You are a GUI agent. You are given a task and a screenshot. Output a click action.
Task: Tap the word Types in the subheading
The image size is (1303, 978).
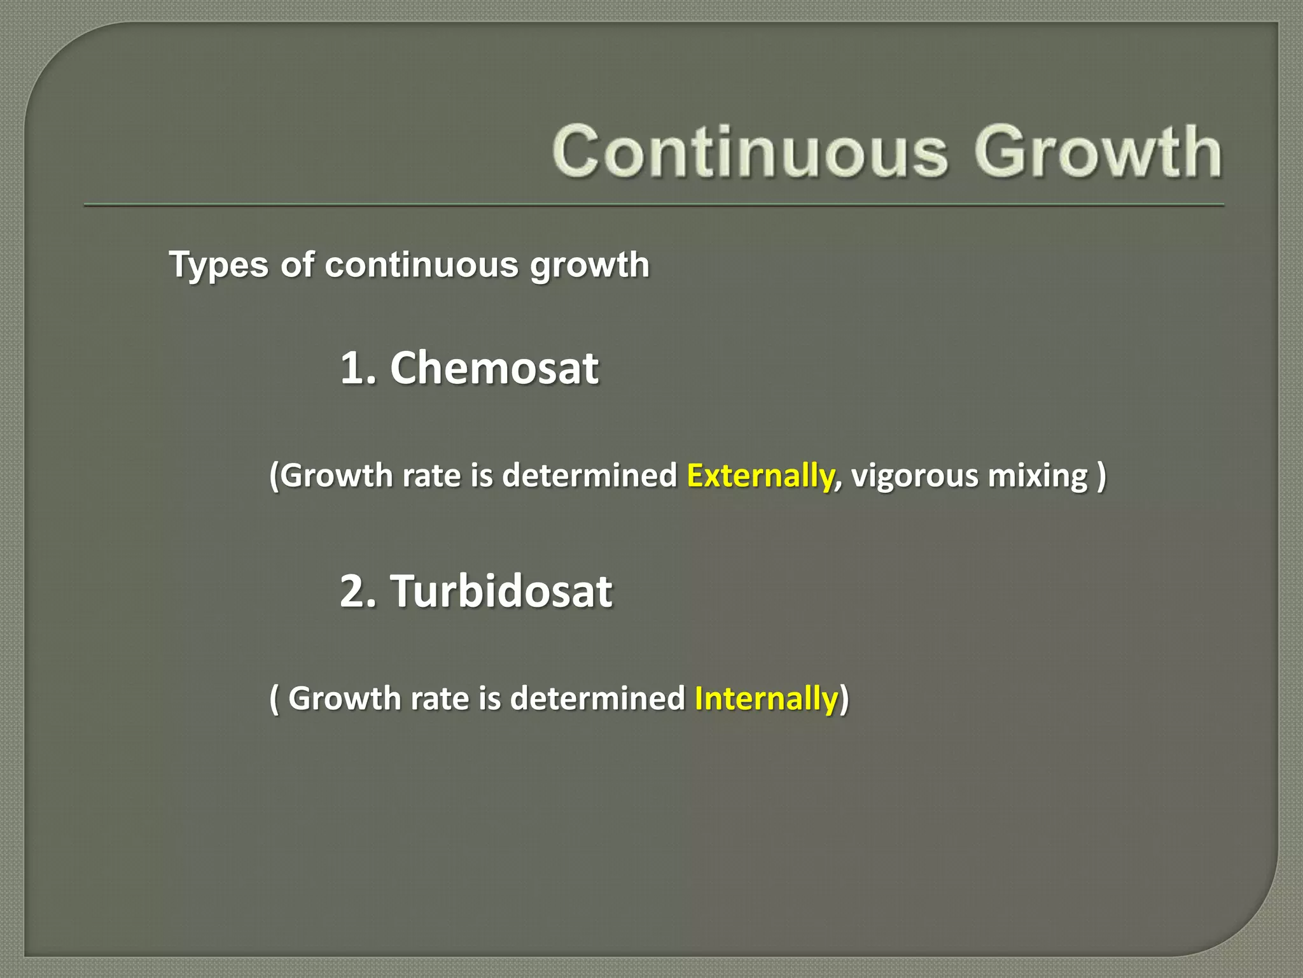coord(218,265)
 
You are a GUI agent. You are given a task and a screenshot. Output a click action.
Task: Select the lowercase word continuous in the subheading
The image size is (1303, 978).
coord(421,265)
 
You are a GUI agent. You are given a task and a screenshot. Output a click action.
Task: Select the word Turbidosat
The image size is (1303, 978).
coord(501,591)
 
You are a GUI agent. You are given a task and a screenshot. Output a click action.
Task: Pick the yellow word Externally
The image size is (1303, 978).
coord(760,476)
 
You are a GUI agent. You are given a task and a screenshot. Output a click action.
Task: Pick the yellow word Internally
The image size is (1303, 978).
coord(766,698)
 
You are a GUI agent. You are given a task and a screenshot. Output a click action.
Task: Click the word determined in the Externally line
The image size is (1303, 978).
coord(589,476)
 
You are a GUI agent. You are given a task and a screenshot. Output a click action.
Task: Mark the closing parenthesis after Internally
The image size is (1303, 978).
coord(844,698)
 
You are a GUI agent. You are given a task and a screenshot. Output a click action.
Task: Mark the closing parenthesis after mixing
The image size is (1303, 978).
coord(1101,476)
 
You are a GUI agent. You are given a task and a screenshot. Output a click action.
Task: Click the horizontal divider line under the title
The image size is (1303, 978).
coord(654,205)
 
